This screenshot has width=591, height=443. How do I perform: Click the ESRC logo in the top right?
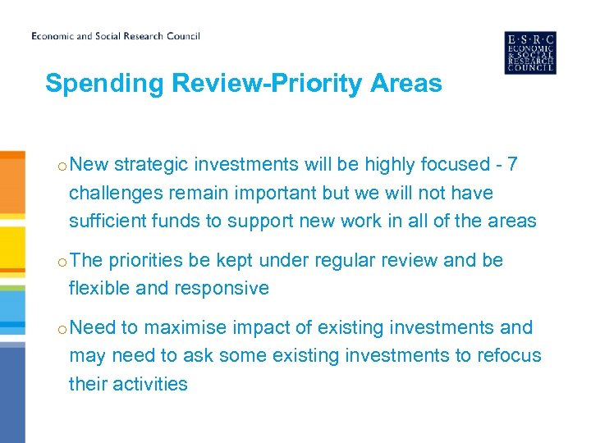tap(529, 53)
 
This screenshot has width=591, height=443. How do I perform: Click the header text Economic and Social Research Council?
tap(116, 36)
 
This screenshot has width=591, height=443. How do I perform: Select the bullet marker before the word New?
tap(62, 166)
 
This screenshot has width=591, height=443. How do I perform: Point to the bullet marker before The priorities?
tap(62, 262)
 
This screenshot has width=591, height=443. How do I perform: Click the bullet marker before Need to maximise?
tap(62, 329)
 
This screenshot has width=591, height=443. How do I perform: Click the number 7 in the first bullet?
tap(512, 164)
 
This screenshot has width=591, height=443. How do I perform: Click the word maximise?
tap(186, 327)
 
